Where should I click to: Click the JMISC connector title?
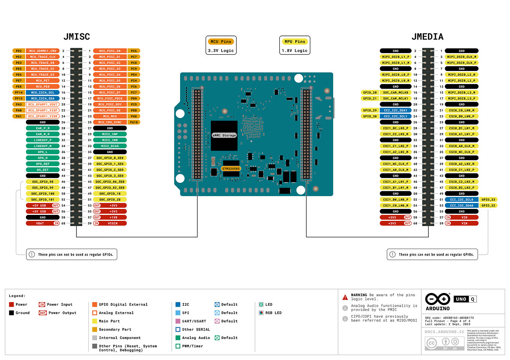click(x=76, y=37)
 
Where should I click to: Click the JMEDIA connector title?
click(x=427, y=37)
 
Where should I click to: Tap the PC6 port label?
click(x=134, y=51)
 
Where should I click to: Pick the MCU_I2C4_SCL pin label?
click(x=43, y=92)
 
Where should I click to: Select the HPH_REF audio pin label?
click(x=43, y=164)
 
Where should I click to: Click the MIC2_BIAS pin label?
click(x=110, y=146)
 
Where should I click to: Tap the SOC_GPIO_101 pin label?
click(x=43, y=199)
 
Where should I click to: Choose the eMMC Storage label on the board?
click(x=224, y=136)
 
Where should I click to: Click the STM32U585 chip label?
click(x=231, y=169)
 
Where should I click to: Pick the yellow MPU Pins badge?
click(x=294, y=41)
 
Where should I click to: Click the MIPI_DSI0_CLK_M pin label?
click(x=461, y=57)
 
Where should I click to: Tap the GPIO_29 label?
click(x=369, y=110)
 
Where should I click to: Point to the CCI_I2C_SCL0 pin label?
click(x=461, y=199)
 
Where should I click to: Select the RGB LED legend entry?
click(x=273, y=313)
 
